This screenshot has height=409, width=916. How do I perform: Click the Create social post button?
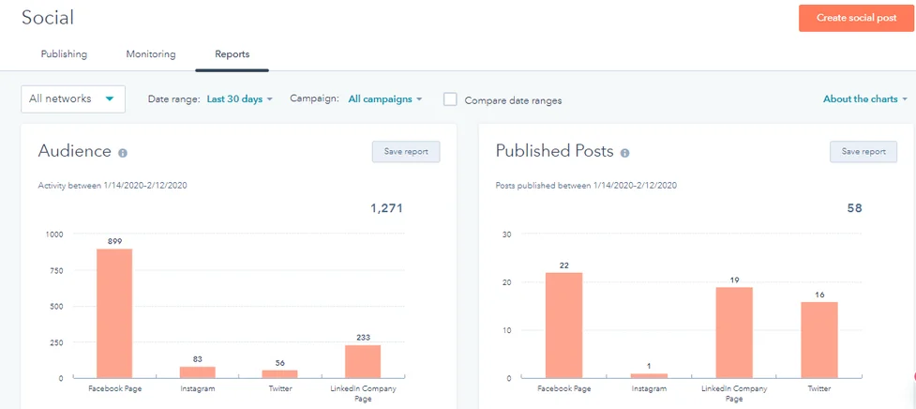tap(856, 18)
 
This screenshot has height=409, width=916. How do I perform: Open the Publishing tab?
tap(64, 54)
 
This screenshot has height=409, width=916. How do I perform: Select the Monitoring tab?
tap(151, 54)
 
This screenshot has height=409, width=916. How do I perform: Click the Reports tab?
tap(232, 54)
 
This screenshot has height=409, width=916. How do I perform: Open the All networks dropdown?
tap(73, 98)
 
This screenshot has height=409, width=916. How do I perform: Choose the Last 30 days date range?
tap(239, 98)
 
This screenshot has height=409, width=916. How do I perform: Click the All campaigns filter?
tap(384, 98)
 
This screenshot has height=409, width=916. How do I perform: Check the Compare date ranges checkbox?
tap(450, 99)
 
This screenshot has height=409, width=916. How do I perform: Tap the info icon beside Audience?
tap(123, 153)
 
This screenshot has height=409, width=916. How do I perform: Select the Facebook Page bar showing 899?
tap(114, 313)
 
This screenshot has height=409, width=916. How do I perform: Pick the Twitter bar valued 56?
tap(279, 373)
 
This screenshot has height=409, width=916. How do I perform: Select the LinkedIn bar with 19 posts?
tap(734, 332)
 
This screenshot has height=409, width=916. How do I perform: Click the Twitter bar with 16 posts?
tap(818, 340)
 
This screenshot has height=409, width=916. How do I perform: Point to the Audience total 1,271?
tap(385, 208)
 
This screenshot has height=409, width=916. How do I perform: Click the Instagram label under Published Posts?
tap(649, 388)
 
